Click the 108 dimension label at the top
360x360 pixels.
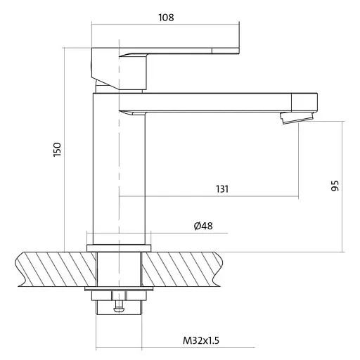(166, 18)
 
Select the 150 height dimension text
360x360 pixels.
(57, 150)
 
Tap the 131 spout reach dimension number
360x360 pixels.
(222, 189)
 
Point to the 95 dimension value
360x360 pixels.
(335, 186)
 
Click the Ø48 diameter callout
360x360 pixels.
(203, 226)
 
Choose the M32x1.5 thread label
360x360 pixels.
(201, 340)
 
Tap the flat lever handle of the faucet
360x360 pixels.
(179, 51)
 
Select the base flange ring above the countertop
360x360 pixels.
(119, 248)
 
